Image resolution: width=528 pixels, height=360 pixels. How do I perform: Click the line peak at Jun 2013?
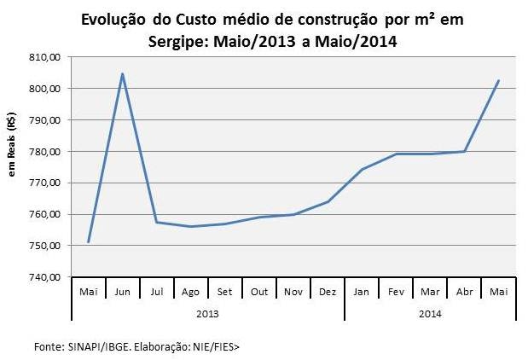(122, 73)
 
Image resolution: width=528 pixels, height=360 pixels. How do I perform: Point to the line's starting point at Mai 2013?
(88, 242)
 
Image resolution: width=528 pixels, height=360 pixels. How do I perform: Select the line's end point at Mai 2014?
(498, 80)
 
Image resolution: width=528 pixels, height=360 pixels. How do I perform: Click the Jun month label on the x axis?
(122, 291)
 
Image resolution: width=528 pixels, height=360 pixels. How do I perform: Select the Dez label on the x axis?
(328, 291)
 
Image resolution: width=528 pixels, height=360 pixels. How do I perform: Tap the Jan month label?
(362, 291)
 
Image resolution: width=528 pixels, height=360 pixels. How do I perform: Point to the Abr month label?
(464, 291)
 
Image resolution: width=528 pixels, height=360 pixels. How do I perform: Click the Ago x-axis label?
(190, 291)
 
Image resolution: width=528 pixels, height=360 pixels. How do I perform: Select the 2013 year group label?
(207, 313)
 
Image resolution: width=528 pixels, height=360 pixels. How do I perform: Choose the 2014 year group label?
(430, 313)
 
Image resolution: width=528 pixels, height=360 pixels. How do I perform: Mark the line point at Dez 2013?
(328, 201)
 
